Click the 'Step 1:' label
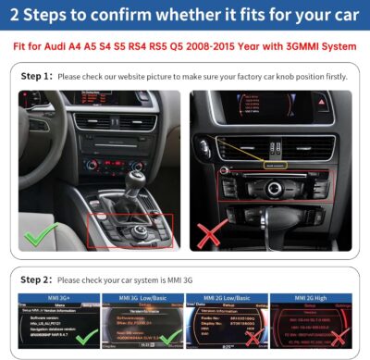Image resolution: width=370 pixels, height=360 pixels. coord(36,76)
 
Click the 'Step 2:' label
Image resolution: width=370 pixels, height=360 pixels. coord(36,279)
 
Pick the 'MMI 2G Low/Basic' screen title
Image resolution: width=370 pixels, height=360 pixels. coord(227,298)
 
